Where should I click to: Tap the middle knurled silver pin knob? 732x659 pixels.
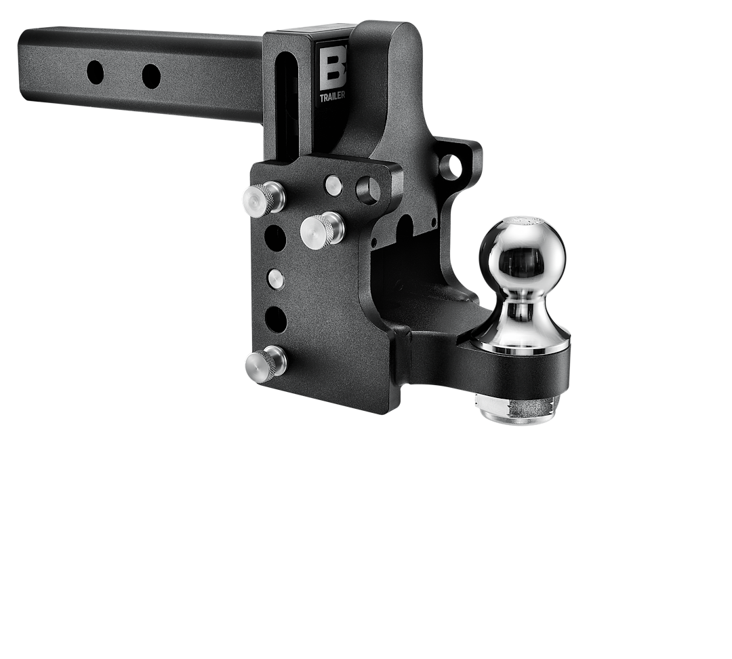(321, 228)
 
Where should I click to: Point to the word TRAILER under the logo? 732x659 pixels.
(333, 96)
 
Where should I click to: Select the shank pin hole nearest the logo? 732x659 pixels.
(151, 75)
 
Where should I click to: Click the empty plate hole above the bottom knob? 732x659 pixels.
(276, 317)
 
